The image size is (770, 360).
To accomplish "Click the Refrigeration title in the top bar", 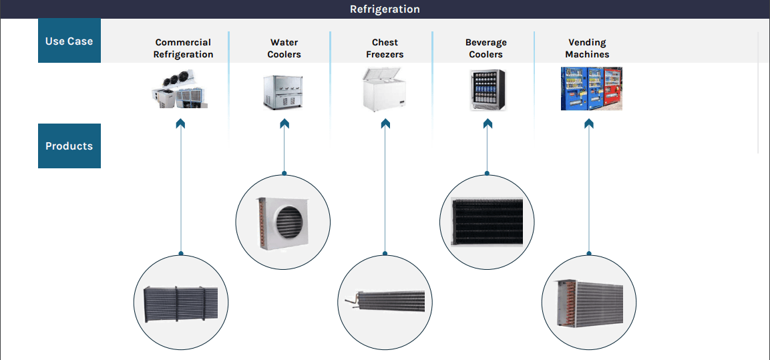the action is tap(385, 9).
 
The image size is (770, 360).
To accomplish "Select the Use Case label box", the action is tap(69, 41).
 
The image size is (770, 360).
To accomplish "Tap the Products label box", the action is tap(69, 146).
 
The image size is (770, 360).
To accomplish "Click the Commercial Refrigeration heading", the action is tap(183, 48).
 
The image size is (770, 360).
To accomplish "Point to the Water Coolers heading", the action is tap(284, 48).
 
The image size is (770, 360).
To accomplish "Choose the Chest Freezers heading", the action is tap(385, 48).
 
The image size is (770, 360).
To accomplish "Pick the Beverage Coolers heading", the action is tap(486, 48).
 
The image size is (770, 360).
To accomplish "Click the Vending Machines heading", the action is tap(587, 48).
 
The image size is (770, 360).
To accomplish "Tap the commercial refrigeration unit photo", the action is tap(180, 88).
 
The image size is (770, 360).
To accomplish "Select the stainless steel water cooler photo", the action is tap(282, 92).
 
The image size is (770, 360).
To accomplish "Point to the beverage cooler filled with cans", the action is tap(488, 90).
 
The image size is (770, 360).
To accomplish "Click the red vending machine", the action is tap(612, 88).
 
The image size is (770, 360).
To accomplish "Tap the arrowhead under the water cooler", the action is tap(284, 123).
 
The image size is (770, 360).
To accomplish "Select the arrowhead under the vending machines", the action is tap(589, 123).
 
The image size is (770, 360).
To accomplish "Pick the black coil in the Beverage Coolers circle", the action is tap(488, 222).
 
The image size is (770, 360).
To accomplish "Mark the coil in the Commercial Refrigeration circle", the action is tap(181, 304).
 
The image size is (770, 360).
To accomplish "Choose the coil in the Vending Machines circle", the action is tap(588, 303).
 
